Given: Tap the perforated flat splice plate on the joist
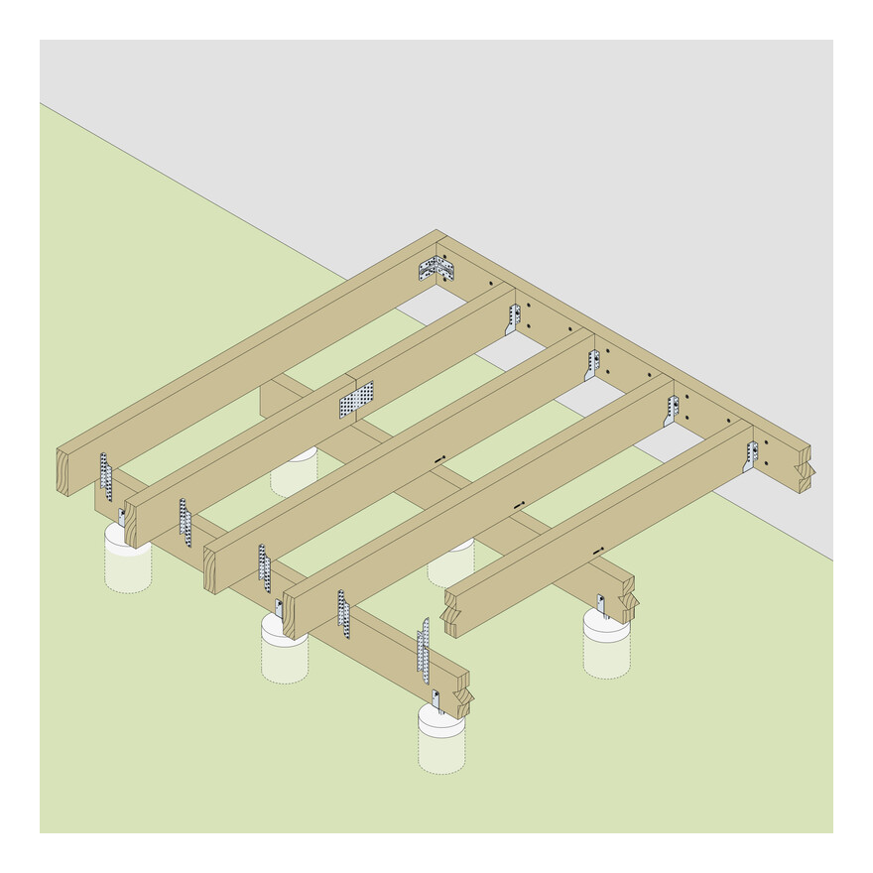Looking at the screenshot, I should (x=356, y=400).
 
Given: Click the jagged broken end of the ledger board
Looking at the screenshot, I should (x=805, y=470).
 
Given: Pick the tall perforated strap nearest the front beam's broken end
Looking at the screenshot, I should (x=424, y=649).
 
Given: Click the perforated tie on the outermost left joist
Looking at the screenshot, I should (x=105, y=476).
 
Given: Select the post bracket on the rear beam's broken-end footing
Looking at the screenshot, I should (x=600, y=605).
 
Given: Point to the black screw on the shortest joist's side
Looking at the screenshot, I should (x=597, y=551).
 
